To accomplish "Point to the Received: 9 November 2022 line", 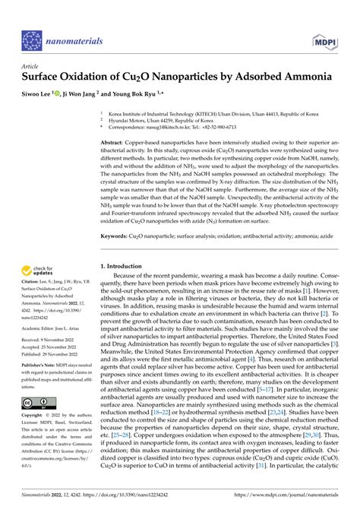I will pyautogui.click(x=52, y=340).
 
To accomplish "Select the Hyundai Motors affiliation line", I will pyautogui.click(x=155, y=120).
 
